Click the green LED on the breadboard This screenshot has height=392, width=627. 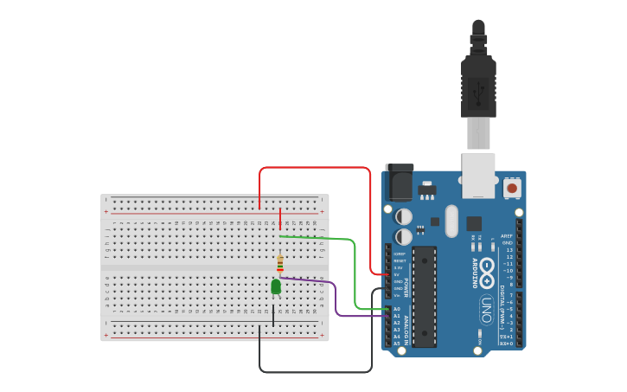276,286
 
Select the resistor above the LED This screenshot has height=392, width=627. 279,263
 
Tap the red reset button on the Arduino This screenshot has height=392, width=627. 512,187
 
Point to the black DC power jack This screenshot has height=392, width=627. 399,182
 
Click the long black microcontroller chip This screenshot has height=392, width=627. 424,296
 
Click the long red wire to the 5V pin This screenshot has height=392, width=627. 316,168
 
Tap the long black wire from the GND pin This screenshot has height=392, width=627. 316,372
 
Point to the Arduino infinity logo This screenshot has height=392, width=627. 487,267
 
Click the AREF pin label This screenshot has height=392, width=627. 507,235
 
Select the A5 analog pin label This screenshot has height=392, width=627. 397,344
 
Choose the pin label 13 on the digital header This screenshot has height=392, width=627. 509,249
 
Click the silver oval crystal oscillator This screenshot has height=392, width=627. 451,221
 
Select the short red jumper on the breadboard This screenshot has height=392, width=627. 280,219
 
